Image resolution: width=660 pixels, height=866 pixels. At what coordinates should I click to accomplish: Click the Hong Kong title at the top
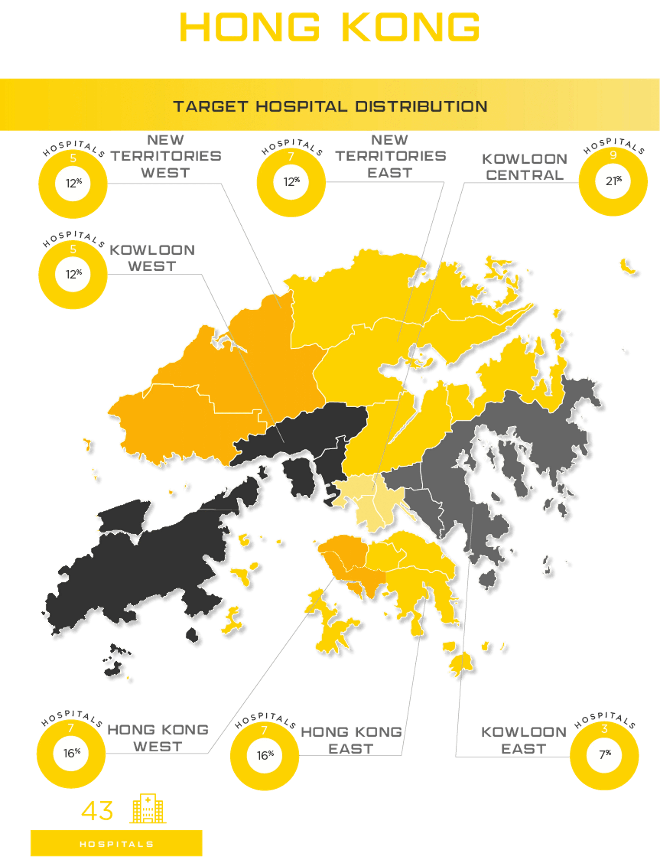(329, 27)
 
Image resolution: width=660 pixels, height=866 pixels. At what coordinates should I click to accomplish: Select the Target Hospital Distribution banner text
(330, 107)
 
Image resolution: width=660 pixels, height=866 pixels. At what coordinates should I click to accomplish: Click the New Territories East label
(391, 156)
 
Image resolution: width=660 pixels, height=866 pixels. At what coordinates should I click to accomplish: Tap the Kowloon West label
(152, 258)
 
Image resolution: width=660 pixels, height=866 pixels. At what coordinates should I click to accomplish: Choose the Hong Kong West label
(158, 738)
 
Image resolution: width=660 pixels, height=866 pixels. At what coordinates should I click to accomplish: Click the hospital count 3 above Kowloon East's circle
(605, 729)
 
